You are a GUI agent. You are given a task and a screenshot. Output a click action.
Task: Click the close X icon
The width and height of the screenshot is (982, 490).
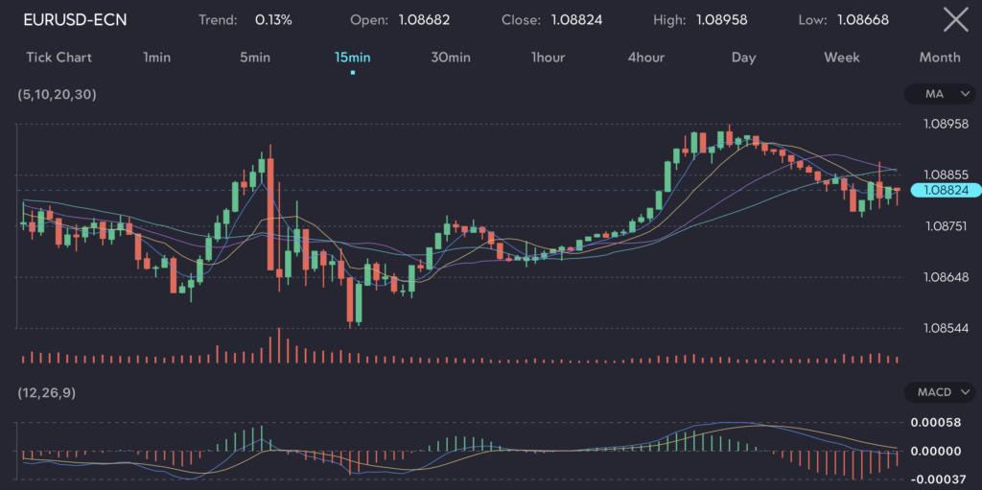click(x=955, y=19)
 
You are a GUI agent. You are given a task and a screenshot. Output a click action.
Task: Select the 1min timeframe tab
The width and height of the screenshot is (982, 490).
click(x=156, y=58)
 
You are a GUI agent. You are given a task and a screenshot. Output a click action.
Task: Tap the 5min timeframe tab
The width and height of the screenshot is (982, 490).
click(x=255, y=58)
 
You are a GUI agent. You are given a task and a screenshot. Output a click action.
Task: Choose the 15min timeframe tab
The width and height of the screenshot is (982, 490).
click(x=352, y=58)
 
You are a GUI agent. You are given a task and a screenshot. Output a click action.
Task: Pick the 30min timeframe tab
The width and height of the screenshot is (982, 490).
click(x=451, y=58)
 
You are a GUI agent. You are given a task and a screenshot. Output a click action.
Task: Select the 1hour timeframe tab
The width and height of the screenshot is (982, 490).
click(x=548, y=58)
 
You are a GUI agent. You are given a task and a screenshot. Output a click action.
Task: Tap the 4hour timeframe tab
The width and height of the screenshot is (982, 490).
click(x=645, y=58)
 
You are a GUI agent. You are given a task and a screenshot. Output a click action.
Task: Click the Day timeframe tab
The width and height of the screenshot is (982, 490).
click(x=743, y=58)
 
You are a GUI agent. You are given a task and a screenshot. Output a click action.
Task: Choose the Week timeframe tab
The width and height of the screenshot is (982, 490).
click(x=841, y=58)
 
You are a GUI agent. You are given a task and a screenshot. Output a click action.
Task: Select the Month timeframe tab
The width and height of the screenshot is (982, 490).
click(x=940, y=58)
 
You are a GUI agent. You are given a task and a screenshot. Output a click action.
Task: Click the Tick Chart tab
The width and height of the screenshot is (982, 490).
click(x=59, y=58)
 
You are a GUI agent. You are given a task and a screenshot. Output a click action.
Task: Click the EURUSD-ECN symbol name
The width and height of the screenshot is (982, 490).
click(x=75, y=19)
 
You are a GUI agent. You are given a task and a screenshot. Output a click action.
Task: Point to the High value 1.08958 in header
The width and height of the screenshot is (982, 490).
click(x=721, y=19)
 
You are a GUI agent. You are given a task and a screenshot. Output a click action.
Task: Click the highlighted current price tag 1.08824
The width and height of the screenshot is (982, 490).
click(x=946, y=190)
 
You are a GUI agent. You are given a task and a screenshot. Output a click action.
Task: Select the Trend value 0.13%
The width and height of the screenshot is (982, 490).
click(x=273, y=19)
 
